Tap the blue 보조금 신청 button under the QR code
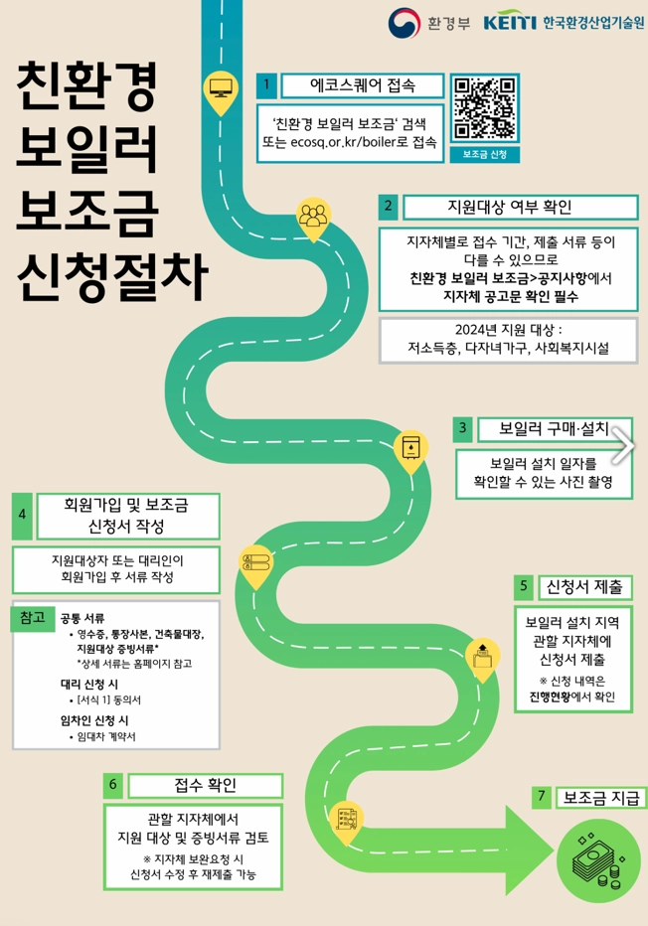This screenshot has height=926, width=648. point(485,154)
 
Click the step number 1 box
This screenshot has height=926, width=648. point(266,85)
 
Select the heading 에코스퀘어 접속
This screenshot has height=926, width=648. point(362,85)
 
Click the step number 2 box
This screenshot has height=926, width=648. point(389,207)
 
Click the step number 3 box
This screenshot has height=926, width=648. point(462,429)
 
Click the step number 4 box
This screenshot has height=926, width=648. point(23,515)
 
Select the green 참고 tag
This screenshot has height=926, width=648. point(31,617)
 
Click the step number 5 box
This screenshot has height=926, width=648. point(524,587)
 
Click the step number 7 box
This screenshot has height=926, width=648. point(542,796)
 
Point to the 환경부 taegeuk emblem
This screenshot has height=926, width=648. point(405,22)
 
